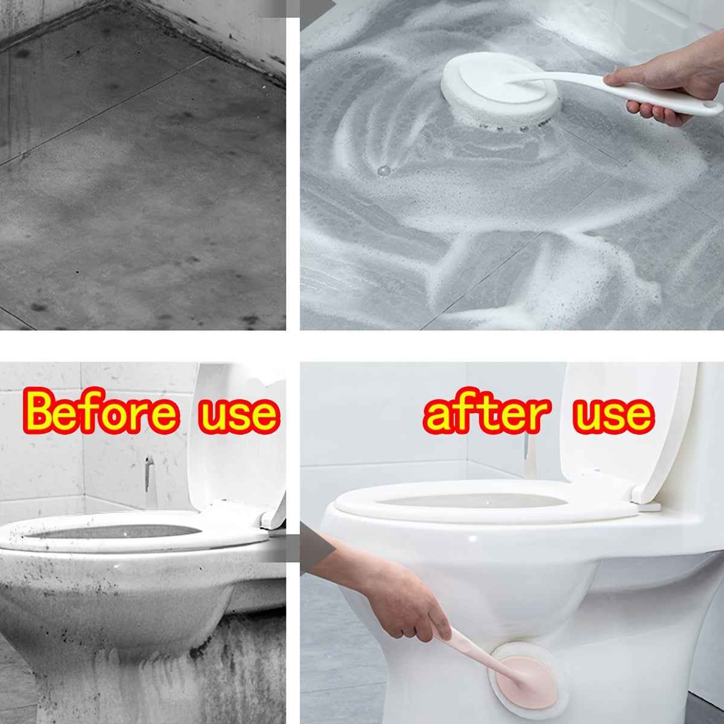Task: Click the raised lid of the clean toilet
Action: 621,422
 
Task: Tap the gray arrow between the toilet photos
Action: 308,546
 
